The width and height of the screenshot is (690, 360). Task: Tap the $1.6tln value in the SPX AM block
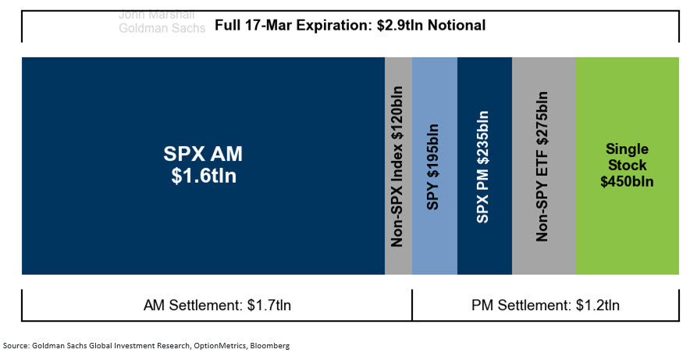point(203,176)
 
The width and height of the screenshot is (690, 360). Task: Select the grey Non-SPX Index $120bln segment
point(398,166)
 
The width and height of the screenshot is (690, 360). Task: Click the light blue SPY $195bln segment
point(434,166)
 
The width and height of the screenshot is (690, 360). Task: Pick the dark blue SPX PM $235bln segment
point(484,166)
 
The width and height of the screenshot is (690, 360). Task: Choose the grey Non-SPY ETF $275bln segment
point(543,166)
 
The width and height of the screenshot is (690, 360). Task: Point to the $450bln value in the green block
point(627,182)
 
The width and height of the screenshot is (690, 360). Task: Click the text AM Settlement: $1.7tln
point(219,305)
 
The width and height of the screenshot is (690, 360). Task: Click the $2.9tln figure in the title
point(409,26)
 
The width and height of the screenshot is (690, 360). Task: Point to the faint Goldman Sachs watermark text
point(162,28)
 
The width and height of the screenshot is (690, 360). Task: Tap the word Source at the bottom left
point(17,345)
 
